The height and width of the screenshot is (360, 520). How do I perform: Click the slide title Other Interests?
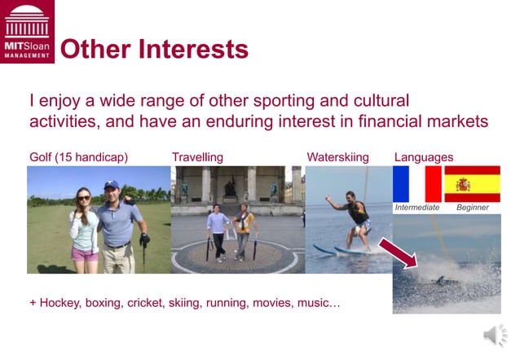point(154,50)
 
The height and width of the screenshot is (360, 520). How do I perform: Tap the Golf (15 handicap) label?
point(79,156)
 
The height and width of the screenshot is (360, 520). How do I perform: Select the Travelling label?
point(197,156)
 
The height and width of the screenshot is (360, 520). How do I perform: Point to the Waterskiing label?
point(337,156)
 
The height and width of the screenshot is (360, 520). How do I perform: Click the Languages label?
point(424,156)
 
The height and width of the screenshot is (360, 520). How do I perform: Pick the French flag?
point(416,184)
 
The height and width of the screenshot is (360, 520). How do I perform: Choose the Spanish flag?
point(472,184)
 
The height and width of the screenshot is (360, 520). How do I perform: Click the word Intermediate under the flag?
point(417,208)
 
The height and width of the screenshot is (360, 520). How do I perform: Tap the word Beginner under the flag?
point(473,208)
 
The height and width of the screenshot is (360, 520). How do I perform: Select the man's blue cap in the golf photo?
point(111,185)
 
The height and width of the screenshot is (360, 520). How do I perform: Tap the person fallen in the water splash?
point(440,280)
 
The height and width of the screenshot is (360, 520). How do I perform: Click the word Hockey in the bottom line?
point(59,303)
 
